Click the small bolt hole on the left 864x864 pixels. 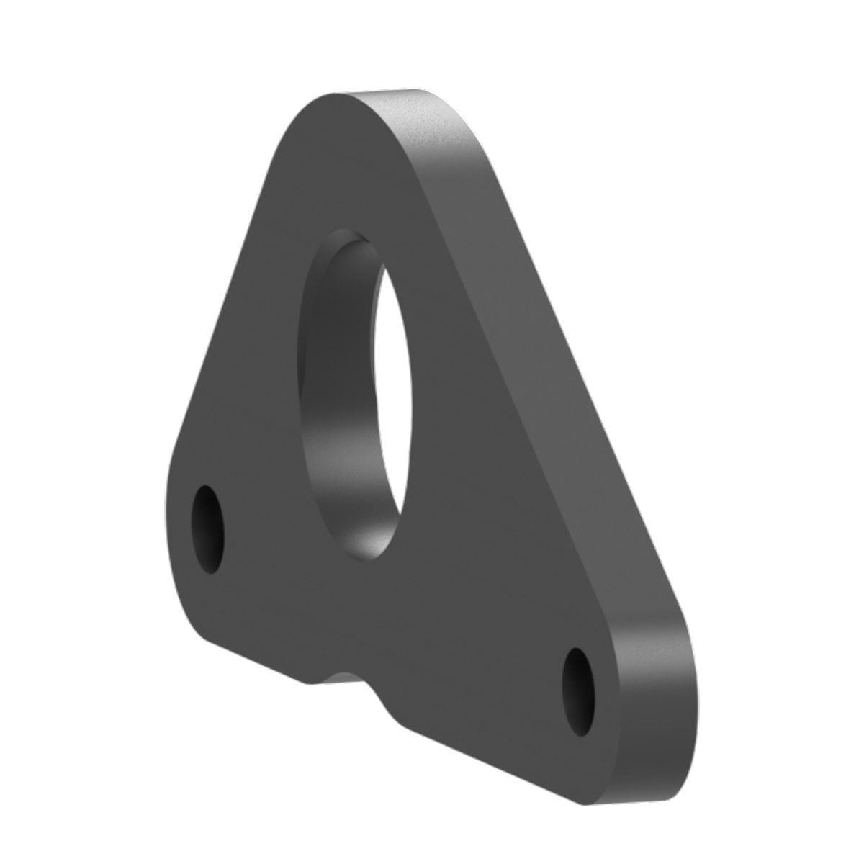(207, 529)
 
